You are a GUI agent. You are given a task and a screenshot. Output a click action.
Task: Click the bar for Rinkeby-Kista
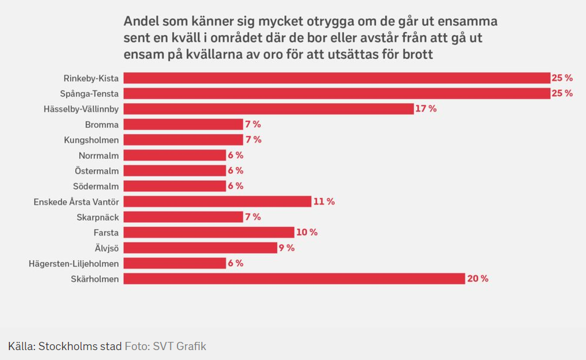(x=337, y=78)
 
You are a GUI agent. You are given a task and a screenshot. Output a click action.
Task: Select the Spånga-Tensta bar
(x=337, y=93)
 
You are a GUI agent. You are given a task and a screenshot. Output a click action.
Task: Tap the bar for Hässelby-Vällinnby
(x=268, y=109)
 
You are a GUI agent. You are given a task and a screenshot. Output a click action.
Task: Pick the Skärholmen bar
(x=294, y=279)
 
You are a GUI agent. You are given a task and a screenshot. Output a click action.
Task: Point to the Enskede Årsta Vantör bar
(x=217, y=202)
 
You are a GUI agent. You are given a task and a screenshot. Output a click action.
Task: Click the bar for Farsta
(x=208, y=232)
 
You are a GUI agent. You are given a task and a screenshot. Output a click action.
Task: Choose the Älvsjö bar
(x=200, y=248)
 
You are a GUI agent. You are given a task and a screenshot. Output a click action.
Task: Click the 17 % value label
(x=426, y=109)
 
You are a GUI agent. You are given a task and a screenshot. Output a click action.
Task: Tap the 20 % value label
(x=477, y=279)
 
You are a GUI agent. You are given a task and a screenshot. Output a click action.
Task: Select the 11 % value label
(x=324, y=202)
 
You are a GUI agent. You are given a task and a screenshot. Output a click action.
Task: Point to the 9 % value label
(x=287, y=248)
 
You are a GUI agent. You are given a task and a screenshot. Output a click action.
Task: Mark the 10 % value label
(x=307, y=232)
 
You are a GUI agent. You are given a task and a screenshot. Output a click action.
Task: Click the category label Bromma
(x=102, y=125)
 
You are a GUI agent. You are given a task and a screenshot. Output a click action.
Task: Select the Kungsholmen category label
(x=91, y=140)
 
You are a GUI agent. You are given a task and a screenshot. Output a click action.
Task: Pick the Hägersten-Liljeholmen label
(x=74, y=264)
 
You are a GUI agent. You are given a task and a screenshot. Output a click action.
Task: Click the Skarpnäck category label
(x=97, y=217)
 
